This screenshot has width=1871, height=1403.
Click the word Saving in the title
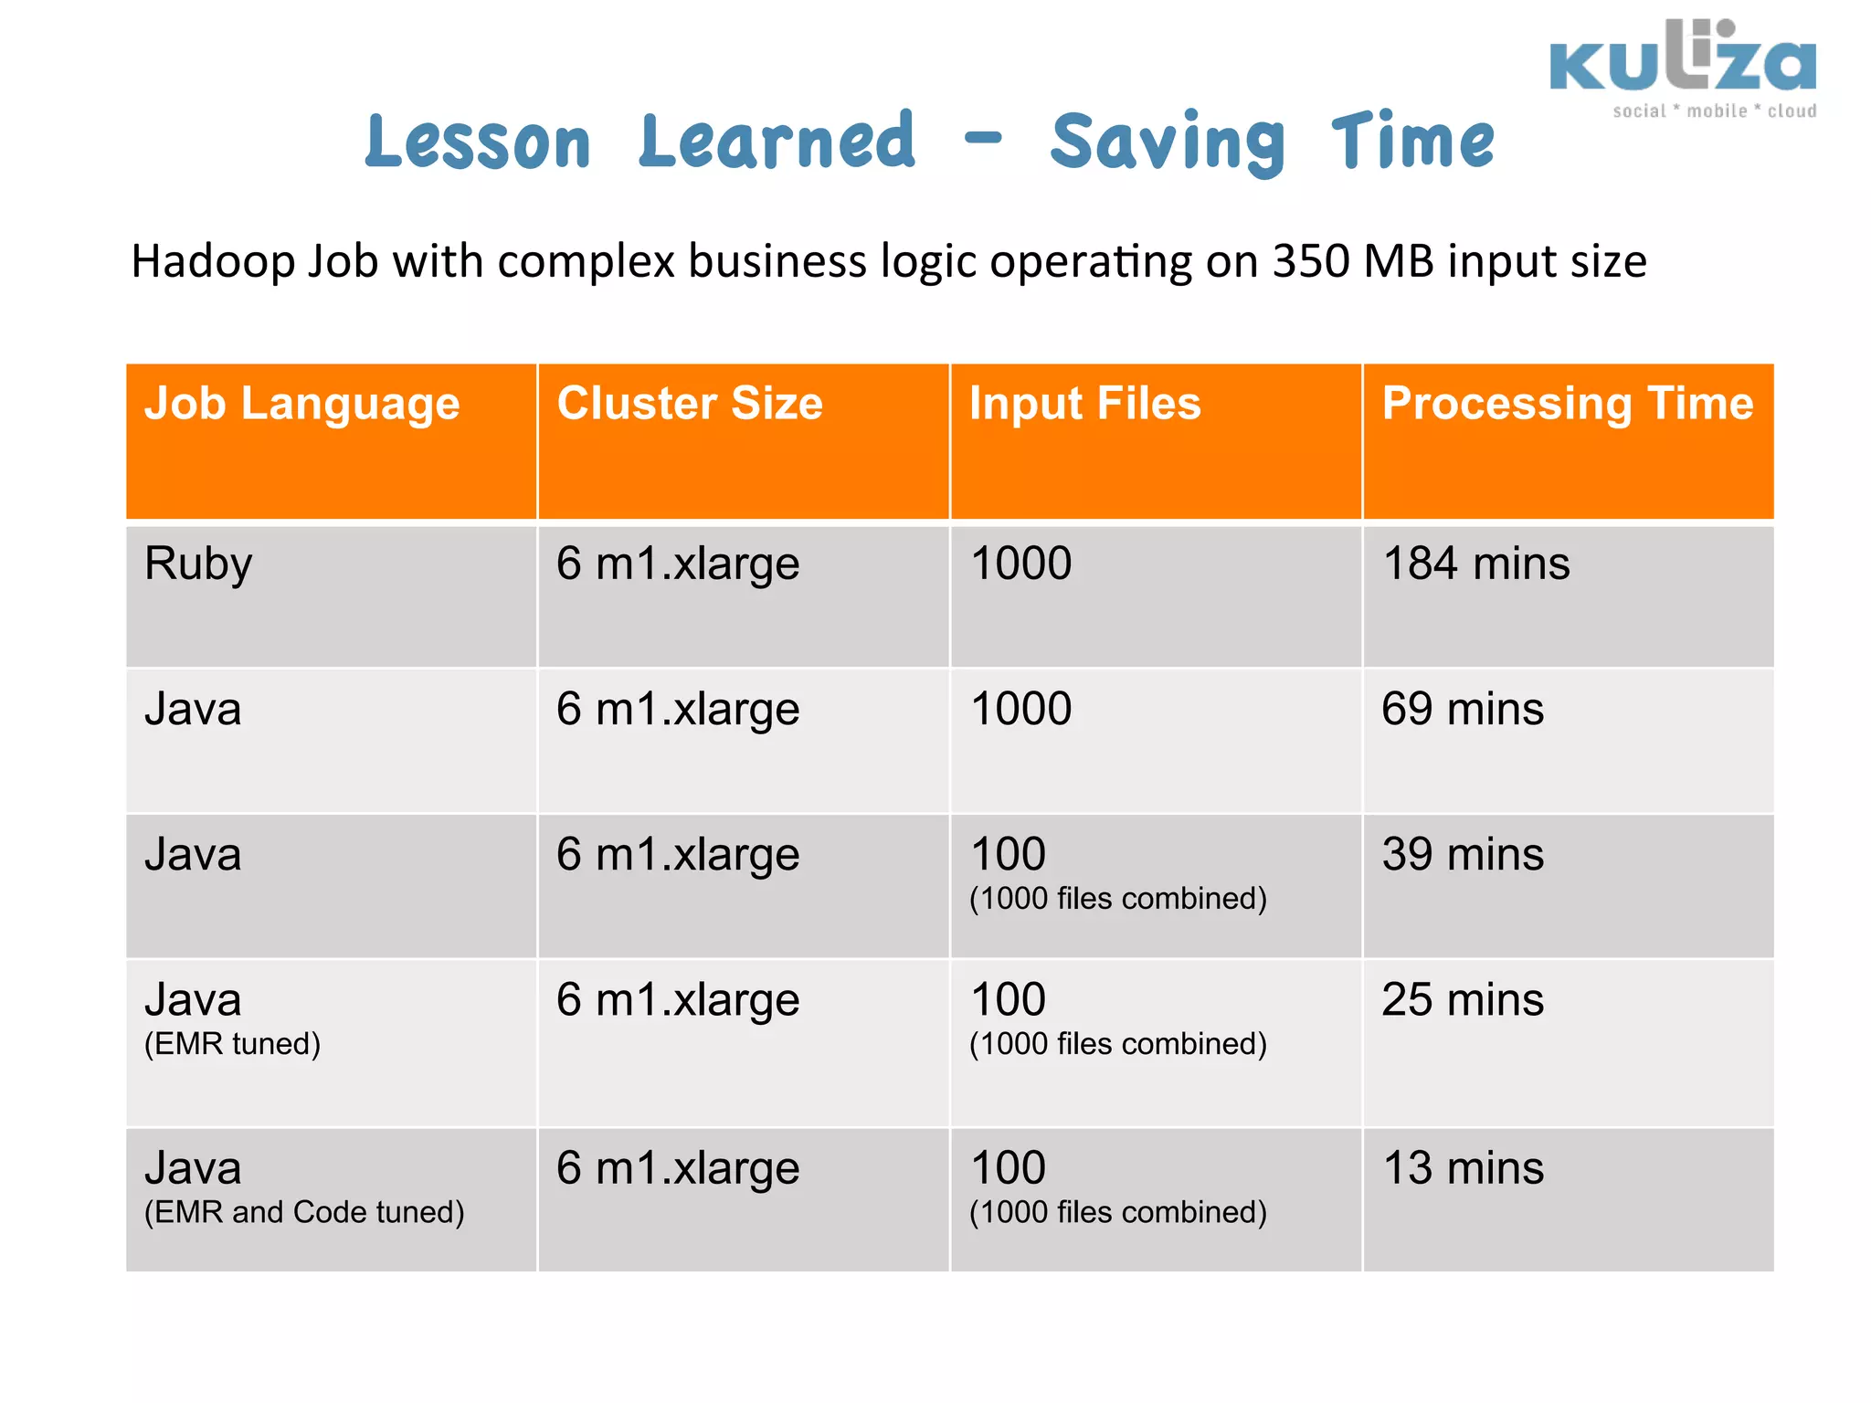click(1168, 142)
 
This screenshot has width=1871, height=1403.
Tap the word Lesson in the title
click(478, 142)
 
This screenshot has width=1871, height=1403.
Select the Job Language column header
click(302, 404)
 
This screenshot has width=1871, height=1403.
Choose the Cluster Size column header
click(690, 404)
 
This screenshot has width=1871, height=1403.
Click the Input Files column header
click(1084, 404)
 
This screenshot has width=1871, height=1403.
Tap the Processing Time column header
click(1567, 404)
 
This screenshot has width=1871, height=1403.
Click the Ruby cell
click(198, 564)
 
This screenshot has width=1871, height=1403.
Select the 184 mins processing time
click(1475, 564)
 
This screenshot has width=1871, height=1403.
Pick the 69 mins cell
click(1462, 709)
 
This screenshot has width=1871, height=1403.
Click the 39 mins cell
click(1462, 855)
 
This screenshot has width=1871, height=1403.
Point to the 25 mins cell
click(1462, 1000)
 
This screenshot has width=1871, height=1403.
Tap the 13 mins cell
click(1462, 1168)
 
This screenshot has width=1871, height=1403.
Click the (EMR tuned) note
click(232, 1044)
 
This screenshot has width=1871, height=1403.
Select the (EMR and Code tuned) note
click(304, 1212)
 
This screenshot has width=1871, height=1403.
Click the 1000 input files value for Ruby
click(1020, 564)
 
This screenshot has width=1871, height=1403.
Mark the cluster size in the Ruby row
click(678, 564)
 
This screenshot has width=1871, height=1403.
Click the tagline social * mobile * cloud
click(1714, 111)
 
